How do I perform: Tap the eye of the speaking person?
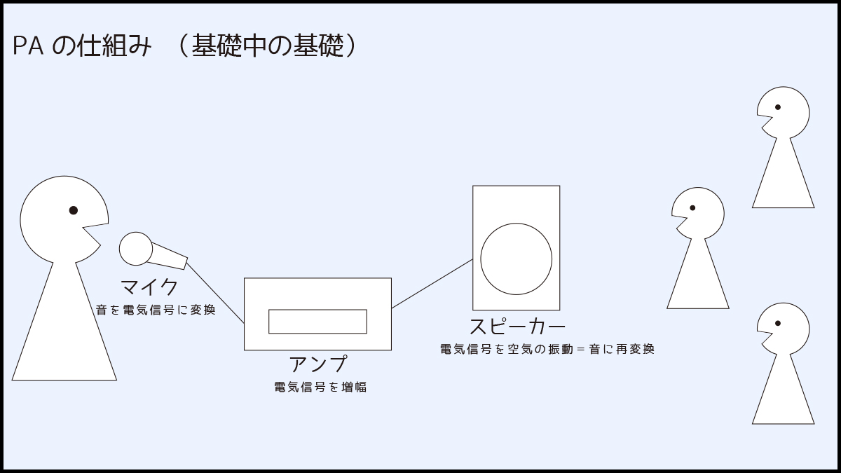(x=73, y=210)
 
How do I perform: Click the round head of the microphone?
(x=135, y=249)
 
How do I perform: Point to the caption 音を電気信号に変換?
(x=155, y=309)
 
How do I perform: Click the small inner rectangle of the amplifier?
(x=317, y=322)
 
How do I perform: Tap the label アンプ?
(x=317, y=364)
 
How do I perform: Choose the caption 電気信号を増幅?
(x=320, y=387)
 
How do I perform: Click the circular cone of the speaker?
(x=516, y=259)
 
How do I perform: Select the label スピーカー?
(x=517, y=326)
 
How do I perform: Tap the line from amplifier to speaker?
(x=432, y=284)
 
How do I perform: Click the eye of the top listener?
(x=778, y=108)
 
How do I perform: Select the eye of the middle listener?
(x=692, y=208)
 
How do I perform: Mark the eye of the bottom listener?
(x=778, y=324)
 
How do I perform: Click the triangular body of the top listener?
(x=784, y=182)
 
